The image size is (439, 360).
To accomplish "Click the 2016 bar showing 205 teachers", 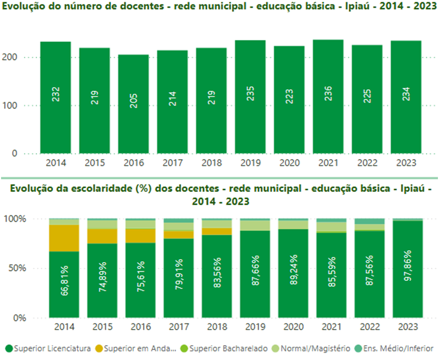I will (133, 104).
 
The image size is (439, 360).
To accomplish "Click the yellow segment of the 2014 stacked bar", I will (64, 238).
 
